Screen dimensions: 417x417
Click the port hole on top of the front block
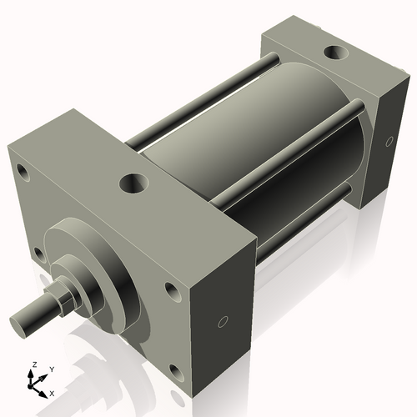(133, 181)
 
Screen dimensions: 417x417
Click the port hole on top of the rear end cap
(336, 52)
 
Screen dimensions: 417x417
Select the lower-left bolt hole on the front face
(38, 252)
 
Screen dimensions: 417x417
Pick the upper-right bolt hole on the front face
(171, 291)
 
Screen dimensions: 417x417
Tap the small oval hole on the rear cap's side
(389, 143)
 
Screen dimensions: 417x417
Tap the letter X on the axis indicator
(52, 392)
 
